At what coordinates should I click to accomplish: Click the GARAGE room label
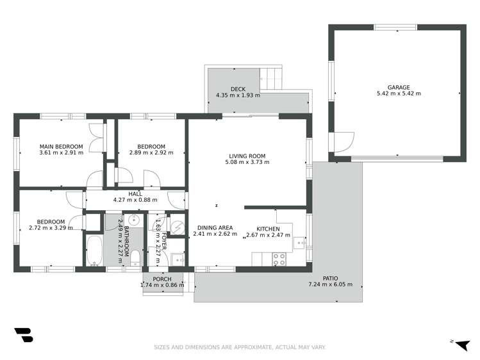[x=398, y=87]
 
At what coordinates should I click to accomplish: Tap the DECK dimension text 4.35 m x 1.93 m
[x=238, y=95]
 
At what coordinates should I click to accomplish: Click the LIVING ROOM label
[x=247, y=156]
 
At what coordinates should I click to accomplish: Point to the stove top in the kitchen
[x=279, y=259]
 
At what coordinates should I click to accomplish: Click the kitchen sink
[x=299, y=243]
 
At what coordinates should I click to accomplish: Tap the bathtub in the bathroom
[x=94, y=250]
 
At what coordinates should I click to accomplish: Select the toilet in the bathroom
[x=135, y=258]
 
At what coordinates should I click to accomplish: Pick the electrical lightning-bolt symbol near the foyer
[x=178, y=226]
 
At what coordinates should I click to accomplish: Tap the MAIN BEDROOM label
[x=61, y=146]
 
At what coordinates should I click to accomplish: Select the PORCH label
[x=161, y=279]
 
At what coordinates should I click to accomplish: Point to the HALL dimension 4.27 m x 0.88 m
[x=135, y=200]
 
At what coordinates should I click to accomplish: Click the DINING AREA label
[x=215, y=227]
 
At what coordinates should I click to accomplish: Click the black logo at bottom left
[x=23, y=336]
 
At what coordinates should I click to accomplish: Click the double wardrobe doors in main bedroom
[x=97, y=136]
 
